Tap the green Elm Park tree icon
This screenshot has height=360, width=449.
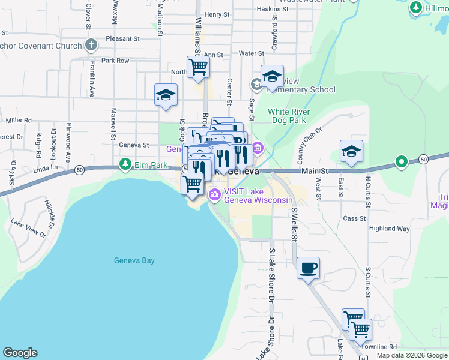click(125, 163)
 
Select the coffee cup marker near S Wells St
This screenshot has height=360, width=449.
click(308, 268)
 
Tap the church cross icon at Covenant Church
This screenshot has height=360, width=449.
click(91, 45)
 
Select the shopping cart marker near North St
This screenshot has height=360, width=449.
click(198, 67)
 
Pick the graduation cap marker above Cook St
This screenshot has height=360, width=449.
click(166, 94)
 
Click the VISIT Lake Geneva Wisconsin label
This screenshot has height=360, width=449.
click(258, 196)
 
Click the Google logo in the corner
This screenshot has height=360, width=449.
click(20, 353)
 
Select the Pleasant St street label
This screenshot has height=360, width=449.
click(122, 38)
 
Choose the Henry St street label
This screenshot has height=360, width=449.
click(217, 14)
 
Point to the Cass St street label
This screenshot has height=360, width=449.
click(354, 218)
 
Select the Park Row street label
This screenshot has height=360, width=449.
click(115, 61)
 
